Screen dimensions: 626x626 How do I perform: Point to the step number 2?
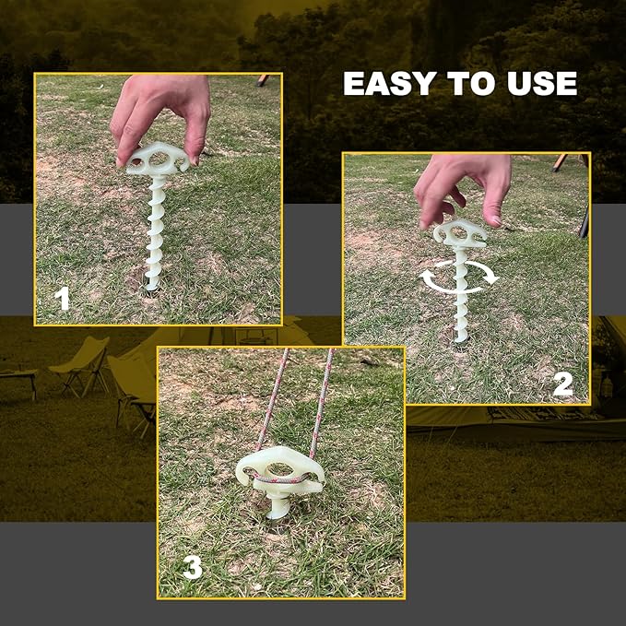pos(561,383)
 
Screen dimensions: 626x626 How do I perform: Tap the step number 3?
pos(192,568)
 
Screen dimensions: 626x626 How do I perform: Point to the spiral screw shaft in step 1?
pos(154,230)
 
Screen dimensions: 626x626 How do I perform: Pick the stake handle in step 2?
pos(460,231)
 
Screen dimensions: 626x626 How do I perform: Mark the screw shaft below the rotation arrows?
pos(459,313)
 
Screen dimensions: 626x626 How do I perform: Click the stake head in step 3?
pos(279,470)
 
